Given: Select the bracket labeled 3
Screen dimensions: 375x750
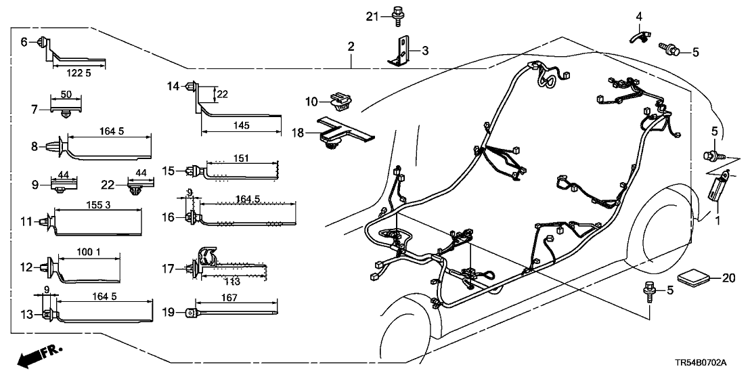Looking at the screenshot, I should pos(402,51).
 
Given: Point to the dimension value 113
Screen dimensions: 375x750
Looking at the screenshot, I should pos(232,282).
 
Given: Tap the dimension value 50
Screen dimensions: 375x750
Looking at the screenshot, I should pos(66,95).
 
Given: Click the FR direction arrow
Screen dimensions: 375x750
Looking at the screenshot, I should pos(37,356).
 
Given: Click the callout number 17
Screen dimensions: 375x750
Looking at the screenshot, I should pos(167,268).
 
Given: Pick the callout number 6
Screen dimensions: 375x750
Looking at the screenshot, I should pos(24,42).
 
